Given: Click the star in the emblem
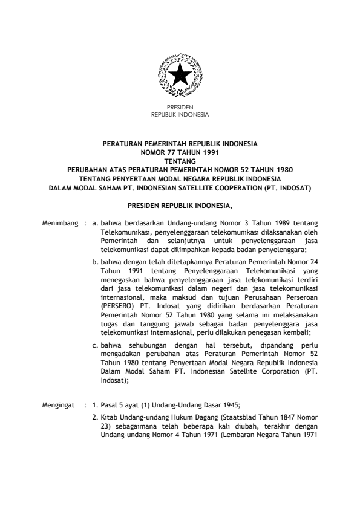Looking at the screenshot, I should (180, 76).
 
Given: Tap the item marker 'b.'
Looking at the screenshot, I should (96, 261).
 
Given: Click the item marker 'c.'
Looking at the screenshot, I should (96, 345).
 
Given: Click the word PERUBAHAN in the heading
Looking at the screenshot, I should (92, 170).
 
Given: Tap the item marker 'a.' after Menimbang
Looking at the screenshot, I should (96, 223).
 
